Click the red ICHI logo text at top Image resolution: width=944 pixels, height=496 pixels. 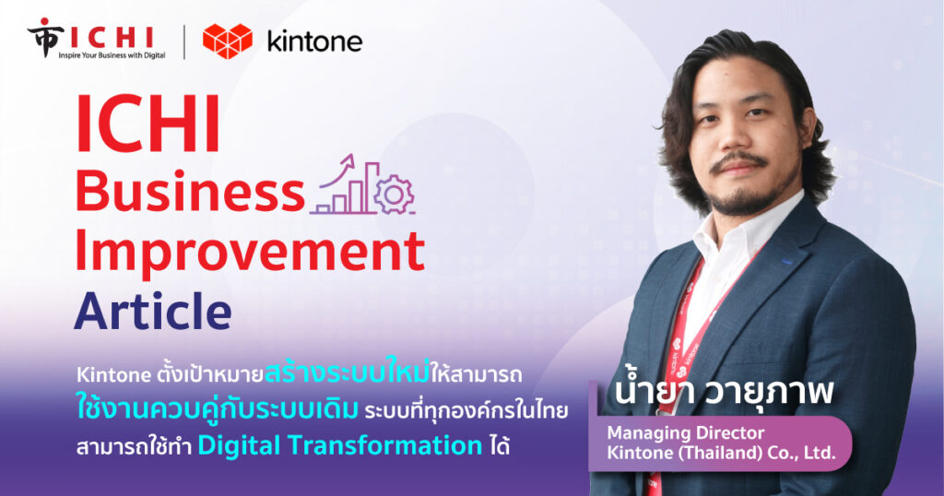[112, 37]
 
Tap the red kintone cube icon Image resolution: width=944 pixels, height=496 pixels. [228, 41]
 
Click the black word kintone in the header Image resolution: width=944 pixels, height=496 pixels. [314, 41]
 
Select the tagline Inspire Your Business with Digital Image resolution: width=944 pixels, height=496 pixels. [112, 54]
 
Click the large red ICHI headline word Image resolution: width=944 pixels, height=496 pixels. [147, 123]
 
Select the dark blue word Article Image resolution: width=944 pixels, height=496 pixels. [153, 311]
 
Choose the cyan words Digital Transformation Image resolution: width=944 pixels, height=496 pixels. [339, 445]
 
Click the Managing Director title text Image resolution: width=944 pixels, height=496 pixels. [685, 432]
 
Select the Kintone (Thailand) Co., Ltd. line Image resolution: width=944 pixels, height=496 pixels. [721, 453]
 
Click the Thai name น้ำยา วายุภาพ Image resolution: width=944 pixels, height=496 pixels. [723, 392]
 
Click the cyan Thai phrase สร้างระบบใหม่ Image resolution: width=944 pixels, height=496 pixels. [347, 372]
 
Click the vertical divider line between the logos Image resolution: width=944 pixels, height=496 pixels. [184, 42]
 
